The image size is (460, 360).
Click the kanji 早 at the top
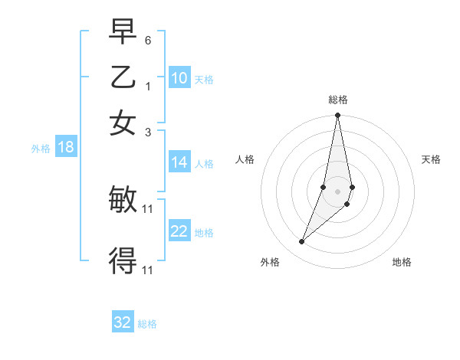pyautogui.click(x=123, y=32)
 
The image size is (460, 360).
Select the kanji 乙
pyautogui.click(x=123, y=78)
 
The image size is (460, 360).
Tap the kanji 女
pyautogui.click(x=123, y=123)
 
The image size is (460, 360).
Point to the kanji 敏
pyautogui.click(x=123, y=201)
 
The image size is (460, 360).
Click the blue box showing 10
pyautogui.click(x=179, y=78)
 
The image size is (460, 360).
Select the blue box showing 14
pyautogui.click(x=179, y=162)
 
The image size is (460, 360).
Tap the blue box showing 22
pyautogui.click(x=179, y=231)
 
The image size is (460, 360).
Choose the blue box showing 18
pyautogui.click(x=66, y=148)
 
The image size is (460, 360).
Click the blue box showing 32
pyautogui.click(x=123, y=322)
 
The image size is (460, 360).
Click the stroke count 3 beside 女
pyautogui.click(x=148, y=132)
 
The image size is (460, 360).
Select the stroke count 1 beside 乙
pyautogui.click(x=148, y=86)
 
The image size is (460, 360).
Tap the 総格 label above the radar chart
pyautogui.click(x=337, y=100)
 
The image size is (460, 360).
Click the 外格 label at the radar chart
pyautogui.click(x=270, y=262)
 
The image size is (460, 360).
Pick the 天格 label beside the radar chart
pyautogui.click(x=431, y=159)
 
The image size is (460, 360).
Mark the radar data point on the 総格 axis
pyautogui.click(x=337, y=116)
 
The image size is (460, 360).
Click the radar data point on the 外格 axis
pyautogui.click(x=301, y=242)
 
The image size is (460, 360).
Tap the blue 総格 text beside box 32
pyautogui.click(x=147, y=324)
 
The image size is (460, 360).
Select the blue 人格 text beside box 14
pyautogui.click(x=204, y=163)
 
